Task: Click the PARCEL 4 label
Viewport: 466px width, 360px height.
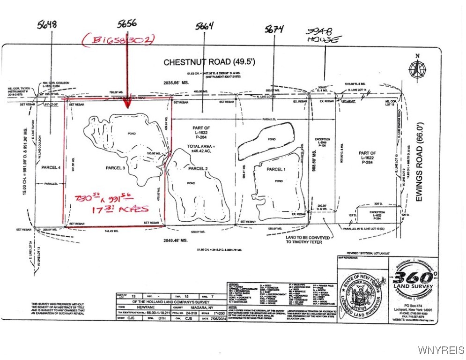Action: [x=50, y=167]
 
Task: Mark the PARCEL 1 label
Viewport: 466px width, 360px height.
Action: [x=276, y=169]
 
